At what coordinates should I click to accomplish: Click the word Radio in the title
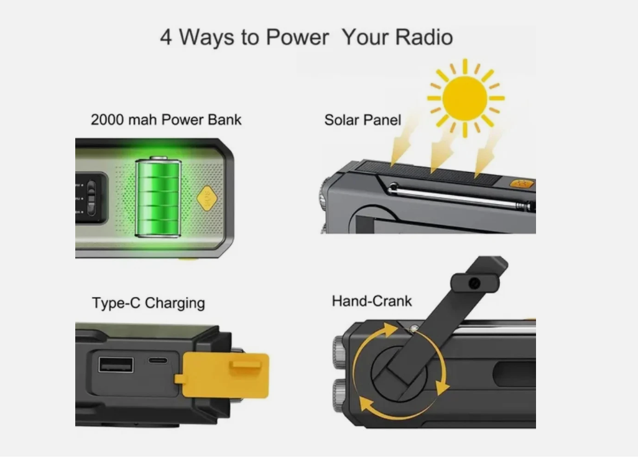click(x=424, y=37)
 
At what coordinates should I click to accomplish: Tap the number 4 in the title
click(x=166, y=37)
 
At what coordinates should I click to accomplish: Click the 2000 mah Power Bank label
click(x=166, y=119)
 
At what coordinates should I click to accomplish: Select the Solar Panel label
click(x=363, y=120)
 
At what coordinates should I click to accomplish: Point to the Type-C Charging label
click(x=149, y=303)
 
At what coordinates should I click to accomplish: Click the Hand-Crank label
click(x=372, y=301)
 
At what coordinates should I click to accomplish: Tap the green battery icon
click(x=159, y=197)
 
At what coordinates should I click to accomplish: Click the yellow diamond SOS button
click(x=206, y=198)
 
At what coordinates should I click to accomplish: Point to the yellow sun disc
click(x=465, y=98)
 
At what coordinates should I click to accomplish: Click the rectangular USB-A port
click(x=116, y=365)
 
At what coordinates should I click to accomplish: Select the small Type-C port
click(x=157, y=360)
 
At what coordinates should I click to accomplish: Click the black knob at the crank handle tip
click(x=475, y=283)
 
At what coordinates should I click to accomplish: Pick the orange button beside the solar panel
click(x=521, y=184)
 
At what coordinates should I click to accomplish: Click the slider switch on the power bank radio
click(x=91, y=198)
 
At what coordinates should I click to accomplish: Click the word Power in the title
click(x=297, y=37)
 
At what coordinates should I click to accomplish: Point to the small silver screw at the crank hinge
click(x=414, y=329)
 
